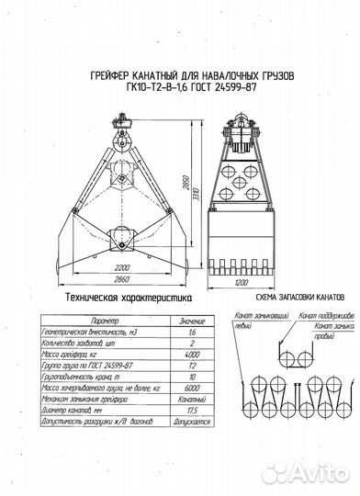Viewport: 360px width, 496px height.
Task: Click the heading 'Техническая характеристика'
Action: pyautogui.click(x=117, y=299)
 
